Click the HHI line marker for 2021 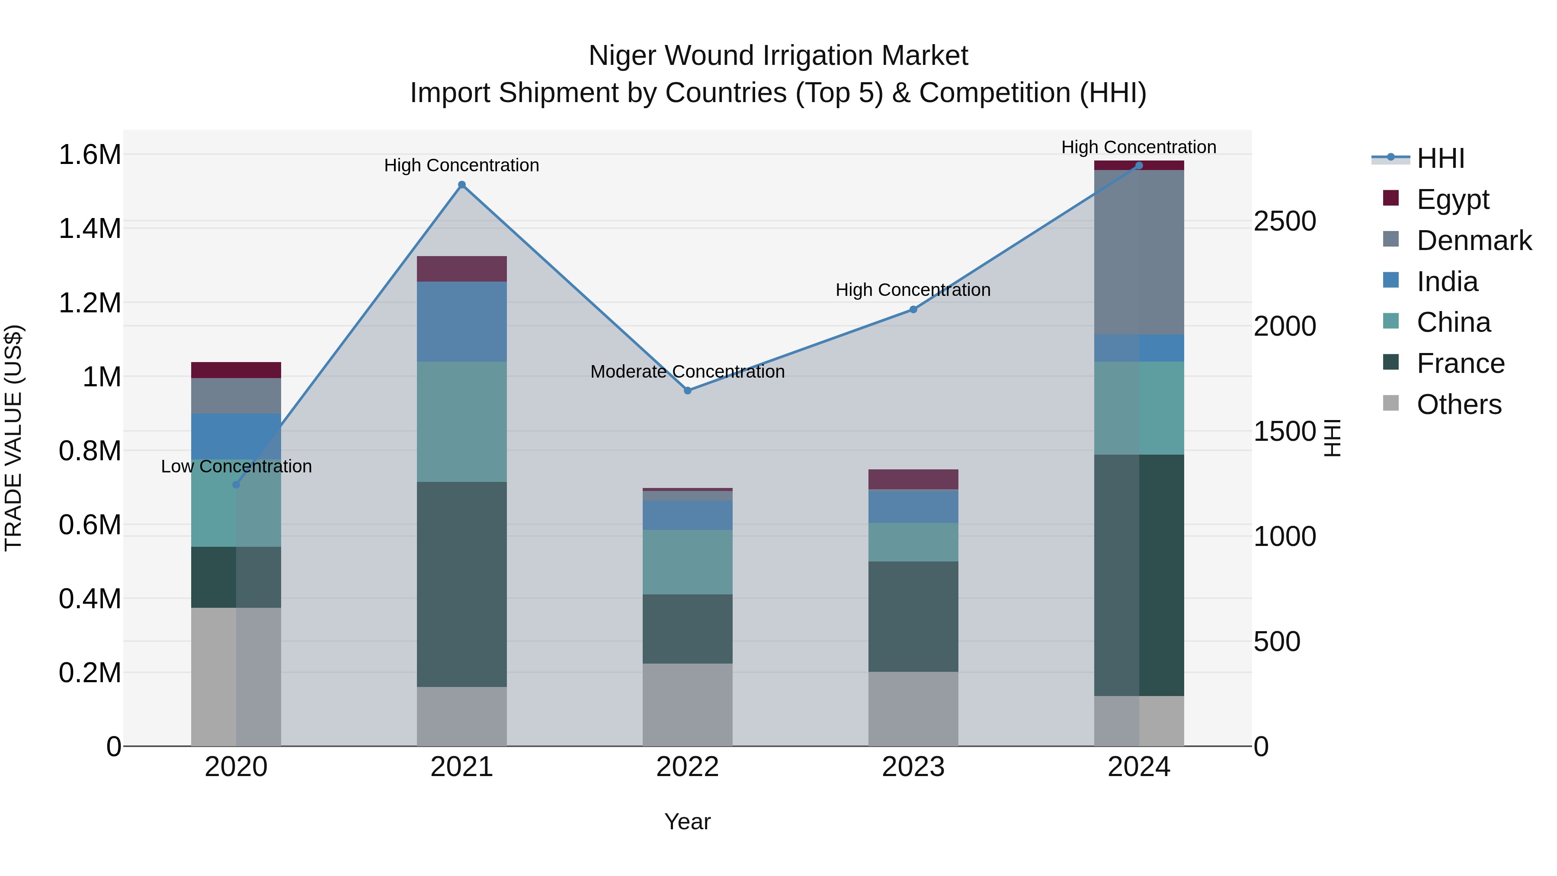pyautogui.click(x=462, y=185)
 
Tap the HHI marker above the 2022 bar pyautogui.click(x=687, y=391)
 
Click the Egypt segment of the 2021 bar pyautogui.click(x=462, y=269)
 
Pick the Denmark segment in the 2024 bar pyautogui.click(x=1139, y=252)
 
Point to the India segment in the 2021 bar pyautogui.click(x=462, y=321)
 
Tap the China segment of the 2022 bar pyautogui.click(x=687, y=562)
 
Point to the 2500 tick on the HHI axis pyautogui.click(x=1285, y=221)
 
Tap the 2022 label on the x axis pyautogui.click(x=687, y=767)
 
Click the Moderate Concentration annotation pyautogui.click(x=687, y=371)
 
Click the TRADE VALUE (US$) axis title pyautogui.click(x=13, y=438)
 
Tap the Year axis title pyautogui.click(x=687, y=821)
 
